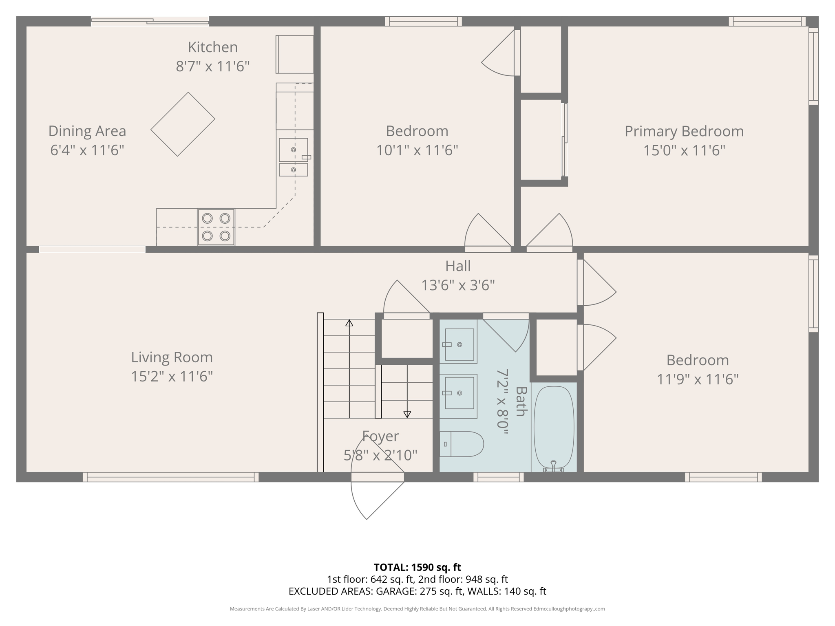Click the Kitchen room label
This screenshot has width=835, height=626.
coord(212,47)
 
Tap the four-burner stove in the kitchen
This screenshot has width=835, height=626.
coord(216,227)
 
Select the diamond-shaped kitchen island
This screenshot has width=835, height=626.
coord(183,124)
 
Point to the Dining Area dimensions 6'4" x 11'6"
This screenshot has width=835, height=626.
coord(87,150)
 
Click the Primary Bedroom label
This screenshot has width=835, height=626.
coord(684,131)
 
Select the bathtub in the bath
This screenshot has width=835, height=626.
coord(554,427)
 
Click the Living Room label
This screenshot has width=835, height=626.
coord(172,357)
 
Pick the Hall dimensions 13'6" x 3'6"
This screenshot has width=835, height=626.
coord(457,285)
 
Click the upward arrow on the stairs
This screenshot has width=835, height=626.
coord(349,323)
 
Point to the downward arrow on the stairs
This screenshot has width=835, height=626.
coord(407,414)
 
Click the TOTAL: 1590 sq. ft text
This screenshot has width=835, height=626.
coord(417,567)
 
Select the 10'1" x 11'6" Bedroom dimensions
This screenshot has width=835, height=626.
coord(417,150)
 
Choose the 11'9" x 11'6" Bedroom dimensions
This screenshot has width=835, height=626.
coord(697,379)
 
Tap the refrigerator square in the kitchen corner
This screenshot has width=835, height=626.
coord(295,54)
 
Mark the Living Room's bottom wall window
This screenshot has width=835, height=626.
coord(170,477)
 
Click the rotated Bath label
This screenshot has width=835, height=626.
coord(521,401)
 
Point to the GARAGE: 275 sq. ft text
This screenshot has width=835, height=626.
coord(418,591)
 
